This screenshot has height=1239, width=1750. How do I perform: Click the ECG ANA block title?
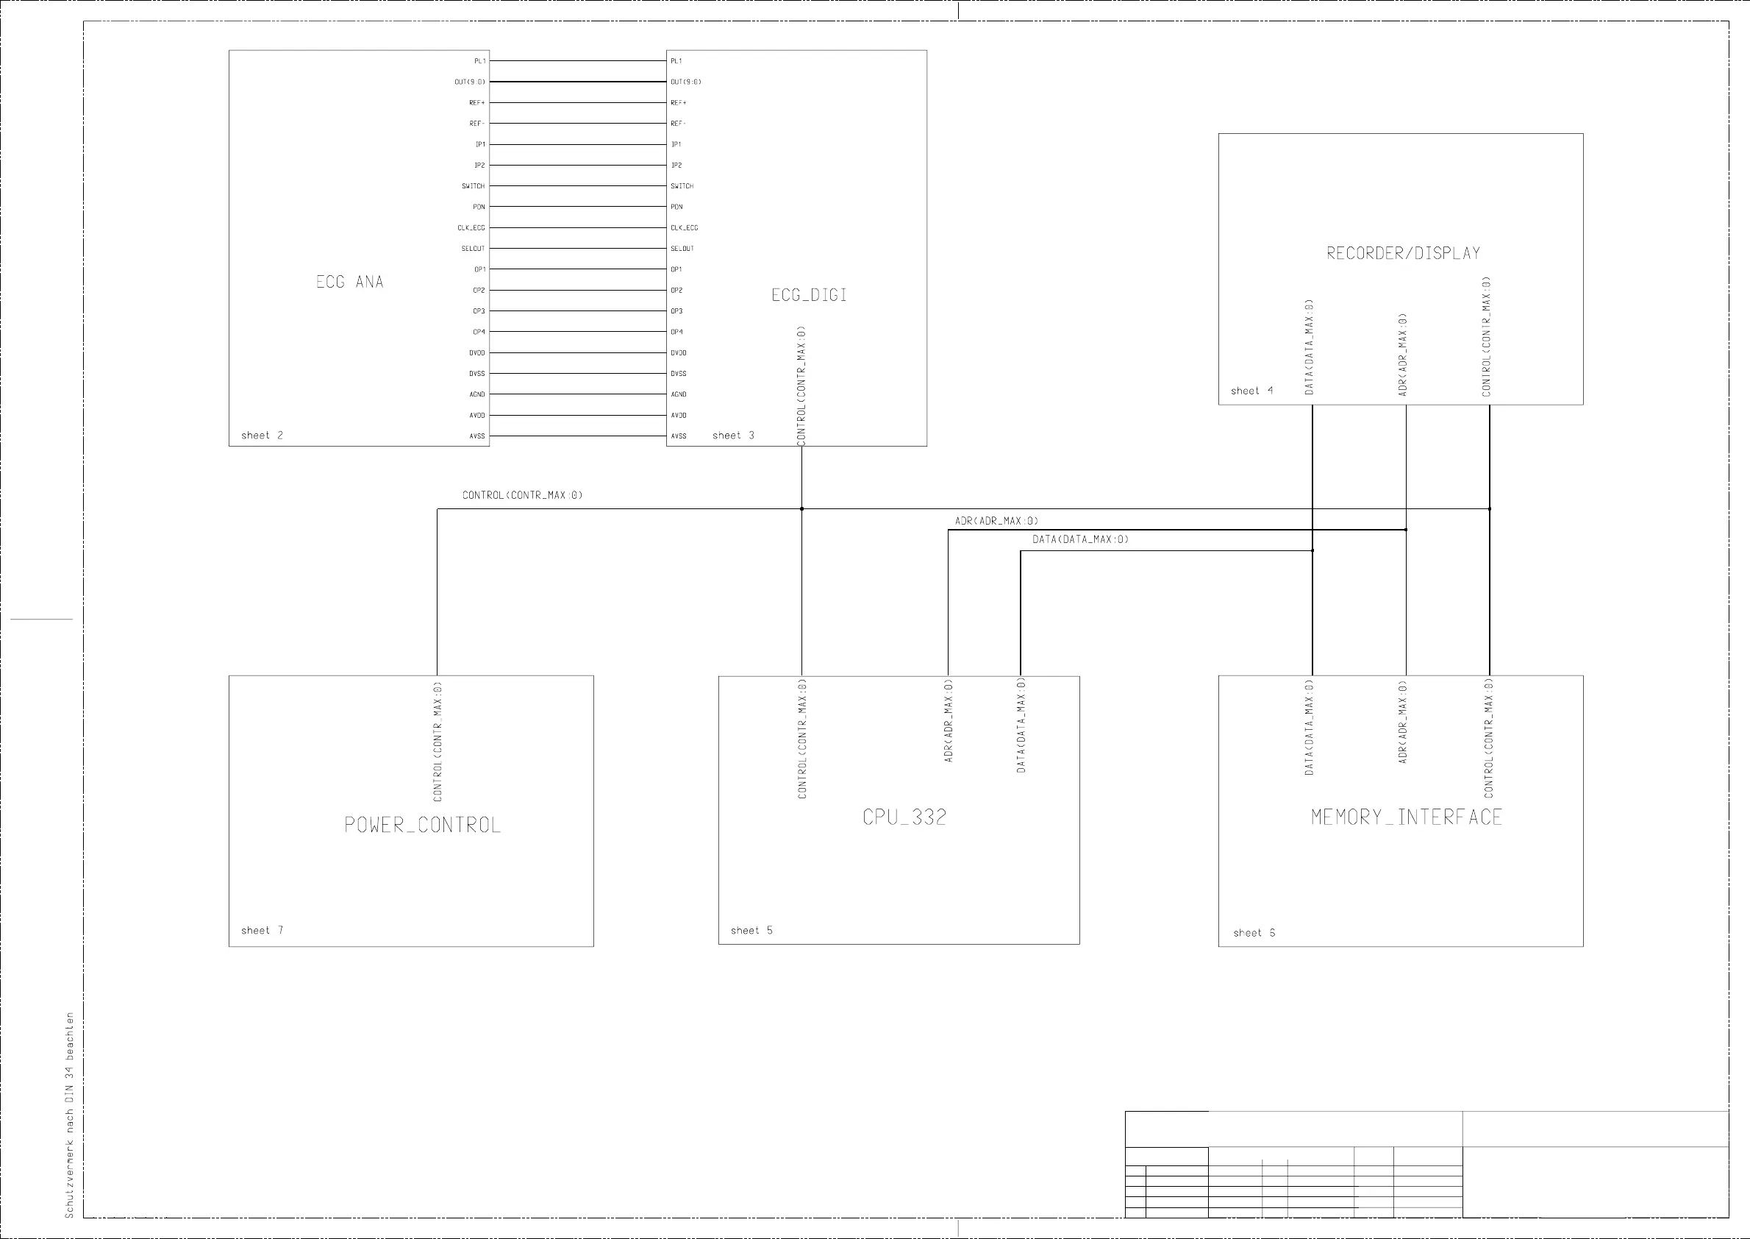coord(349,282)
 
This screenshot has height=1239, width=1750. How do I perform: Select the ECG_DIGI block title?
coord(809,295)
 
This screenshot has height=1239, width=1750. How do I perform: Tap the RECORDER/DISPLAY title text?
coord(1403,253)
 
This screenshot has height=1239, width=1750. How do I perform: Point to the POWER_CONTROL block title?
coord(423,825)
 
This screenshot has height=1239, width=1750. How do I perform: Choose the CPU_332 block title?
coord(904,817)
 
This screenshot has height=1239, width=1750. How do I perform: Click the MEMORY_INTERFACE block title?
coord(1406,817)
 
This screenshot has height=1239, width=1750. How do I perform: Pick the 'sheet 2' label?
coord(262,436)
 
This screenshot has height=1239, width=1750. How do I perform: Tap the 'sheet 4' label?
coord(1251,391)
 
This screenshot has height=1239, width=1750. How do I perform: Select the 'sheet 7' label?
coord(262,930)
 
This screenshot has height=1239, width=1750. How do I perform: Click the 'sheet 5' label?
coord(751,930)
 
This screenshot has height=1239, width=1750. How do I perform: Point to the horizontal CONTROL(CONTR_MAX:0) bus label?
coord(522,495)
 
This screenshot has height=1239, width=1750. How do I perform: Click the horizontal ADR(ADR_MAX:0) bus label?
coord(996,521)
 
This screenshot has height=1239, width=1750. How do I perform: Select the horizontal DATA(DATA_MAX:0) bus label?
coord(1079,539)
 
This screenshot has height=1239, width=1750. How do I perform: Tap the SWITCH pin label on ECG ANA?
coord(473,186)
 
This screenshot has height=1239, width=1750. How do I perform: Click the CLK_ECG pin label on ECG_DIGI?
coord(684,227)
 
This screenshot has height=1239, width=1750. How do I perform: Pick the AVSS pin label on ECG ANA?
coord(476,436)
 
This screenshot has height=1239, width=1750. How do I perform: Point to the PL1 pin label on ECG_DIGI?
coord(676,61)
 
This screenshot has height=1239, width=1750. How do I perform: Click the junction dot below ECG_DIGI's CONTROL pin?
coord(801,509)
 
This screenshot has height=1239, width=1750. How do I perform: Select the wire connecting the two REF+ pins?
coord(577,102)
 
